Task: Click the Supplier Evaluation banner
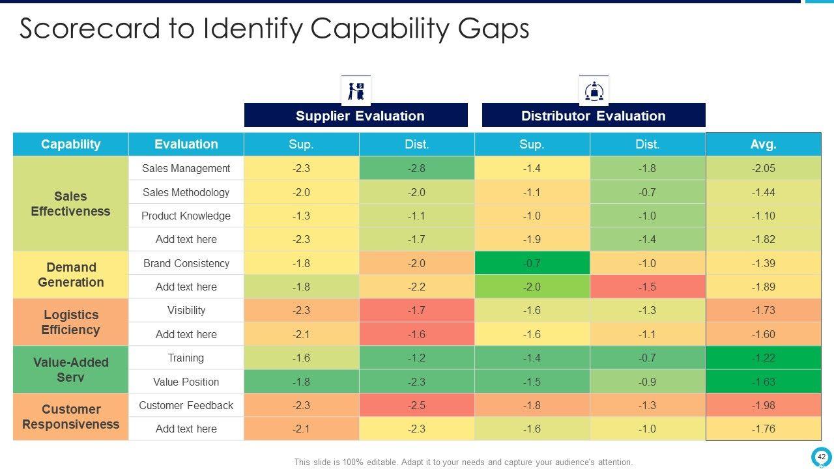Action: [x=356, y=115]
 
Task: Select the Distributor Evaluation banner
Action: [x=593, y=115]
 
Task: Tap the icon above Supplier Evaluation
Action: [x=356, y=91]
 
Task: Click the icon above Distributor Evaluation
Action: [x=594, y=91]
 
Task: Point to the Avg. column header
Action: [x=763, y=144]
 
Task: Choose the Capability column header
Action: [x=70, y=144]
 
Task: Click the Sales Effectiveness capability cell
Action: [x=70, y=203]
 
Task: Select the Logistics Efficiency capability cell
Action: [x=70, y=322]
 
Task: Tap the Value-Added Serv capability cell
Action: [x=70, y=369]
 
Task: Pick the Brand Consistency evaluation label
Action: [x=186, y=263]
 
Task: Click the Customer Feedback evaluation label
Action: [x=186, y=405]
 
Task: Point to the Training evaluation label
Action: [x=186, y=358]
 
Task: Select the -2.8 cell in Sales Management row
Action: [x=416, y=168]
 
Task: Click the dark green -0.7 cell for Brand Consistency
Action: [x=532, y=263]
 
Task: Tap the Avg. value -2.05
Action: [x=763, y=168]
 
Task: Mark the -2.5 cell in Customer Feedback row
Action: [x=416, y=405]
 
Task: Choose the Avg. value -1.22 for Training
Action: [x=763, y=358]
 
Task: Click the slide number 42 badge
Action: [x=821, y=457]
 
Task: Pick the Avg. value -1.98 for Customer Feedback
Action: [x=763, y=405]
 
